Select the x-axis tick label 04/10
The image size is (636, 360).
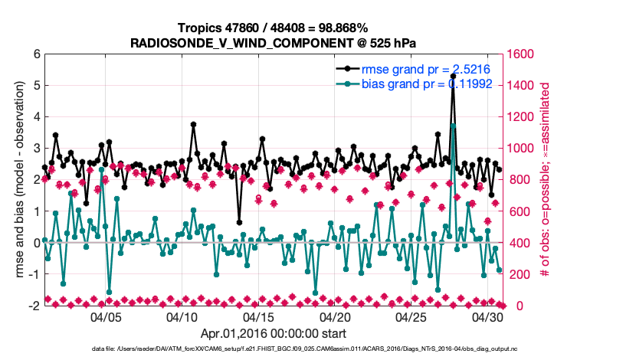tap(182, 316)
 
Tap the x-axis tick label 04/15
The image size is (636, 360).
tap(258, 316)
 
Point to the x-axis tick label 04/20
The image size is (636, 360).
tap(335, 316)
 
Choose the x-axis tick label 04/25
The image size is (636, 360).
tap(411, 316)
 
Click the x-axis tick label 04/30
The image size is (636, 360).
tap(487, 316)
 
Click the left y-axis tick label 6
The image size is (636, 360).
tap(36, 54)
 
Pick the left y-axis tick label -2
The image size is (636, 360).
tap(34, 306)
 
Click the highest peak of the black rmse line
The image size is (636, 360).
tap(453, 76)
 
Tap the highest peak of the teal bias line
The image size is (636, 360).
tap(453, 125)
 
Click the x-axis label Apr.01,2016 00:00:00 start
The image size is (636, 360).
tap(274, 333)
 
